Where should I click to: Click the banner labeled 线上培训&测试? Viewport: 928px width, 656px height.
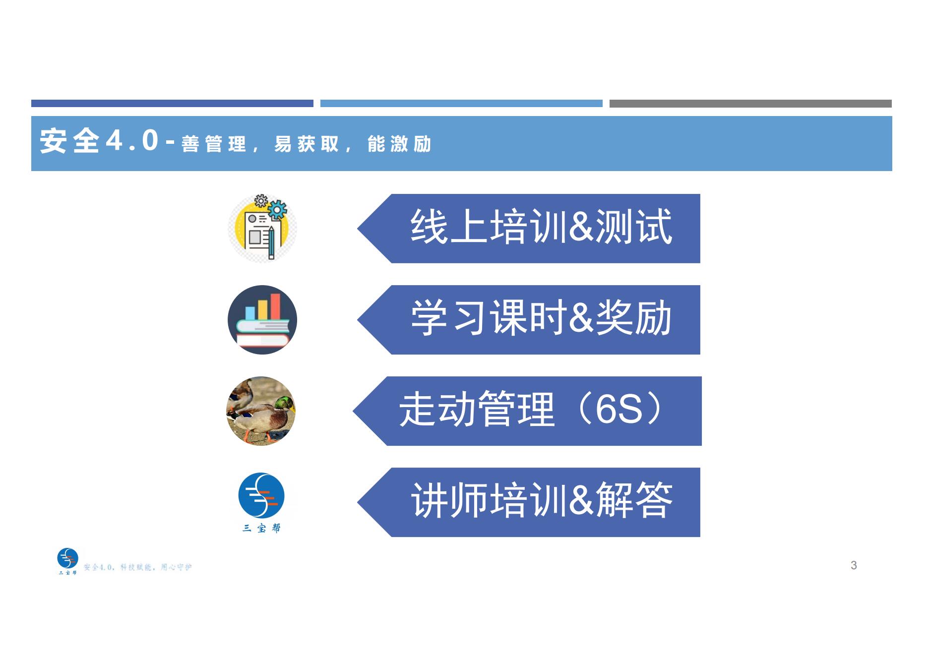pyautogui.click(x=529, y=229)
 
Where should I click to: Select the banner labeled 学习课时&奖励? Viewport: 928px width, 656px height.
pyautogui.click(x=529, y=320)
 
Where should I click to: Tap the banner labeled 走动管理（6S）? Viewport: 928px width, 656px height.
pyautogui.click(x=527, y=411)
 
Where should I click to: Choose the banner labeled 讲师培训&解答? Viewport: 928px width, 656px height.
pyautogui.click(x=529, y=502)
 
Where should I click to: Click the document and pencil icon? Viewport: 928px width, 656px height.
pyautogui.click(x=262, y=228)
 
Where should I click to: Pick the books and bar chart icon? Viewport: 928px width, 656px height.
pyautogui.click(x=262, y=320)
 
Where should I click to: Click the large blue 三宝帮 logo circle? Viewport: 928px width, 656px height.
pyautogui.click(x=261, y=496)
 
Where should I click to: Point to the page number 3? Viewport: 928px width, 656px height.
pyautogui.click(x=854, y=565)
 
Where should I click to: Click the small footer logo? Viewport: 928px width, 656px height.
pyautogui.click(x=68, y=561)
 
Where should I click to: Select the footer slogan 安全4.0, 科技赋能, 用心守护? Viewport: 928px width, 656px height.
pyautogui.click(x=138, y=567)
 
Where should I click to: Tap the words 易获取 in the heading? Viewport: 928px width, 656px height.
pyautogui.click(x=307, y=144)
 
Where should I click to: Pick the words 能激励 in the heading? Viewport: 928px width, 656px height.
pyautogui.click(x=399, y=144)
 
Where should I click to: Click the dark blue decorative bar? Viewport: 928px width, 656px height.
pyautogui.click(x=172, y=104)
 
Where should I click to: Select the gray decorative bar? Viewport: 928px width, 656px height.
pyautogui.click(x=750, y=104)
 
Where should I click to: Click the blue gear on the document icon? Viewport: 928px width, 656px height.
pyautogui.click(x=278, y=209)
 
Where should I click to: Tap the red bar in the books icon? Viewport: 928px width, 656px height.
pyautogui.click(x=275, y=306)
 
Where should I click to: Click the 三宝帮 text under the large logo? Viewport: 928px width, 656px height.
pyautogui.click(x=261, y=529)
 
